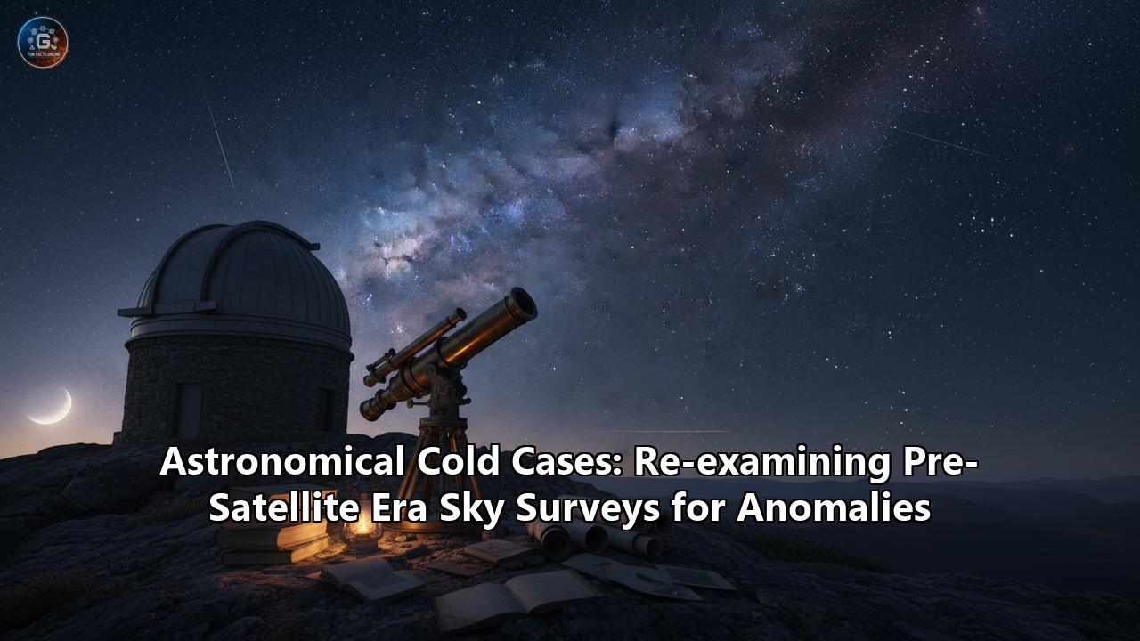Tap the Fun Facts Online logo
click(43, 42)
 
